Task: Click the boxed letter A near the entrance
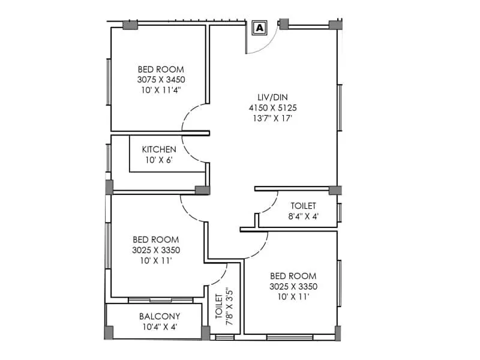coord(259,27)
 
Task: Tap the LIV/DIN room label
coord(273,97)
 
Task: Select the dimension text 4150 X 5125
coord(273,108)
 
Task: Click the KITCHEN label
coord(159,149)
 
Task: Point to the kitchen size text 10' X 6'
coord(159,160)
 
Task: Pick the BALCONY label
coord(160,316)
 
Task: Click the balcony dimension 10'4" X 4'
coord(160,327)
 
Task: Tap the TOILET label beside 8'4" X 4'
coord(304,206)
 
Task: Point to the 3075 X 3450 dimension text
coord(161,79)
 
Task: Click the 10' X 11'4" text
coord(161,89)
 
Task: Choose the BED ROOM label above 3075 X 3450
coord(161,69)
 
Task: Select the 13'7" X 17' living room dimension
coord(273,119)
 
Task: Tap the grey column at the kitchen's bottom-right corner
coord(202,190)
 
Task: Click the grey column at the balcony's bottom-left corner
coord(109,332)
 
